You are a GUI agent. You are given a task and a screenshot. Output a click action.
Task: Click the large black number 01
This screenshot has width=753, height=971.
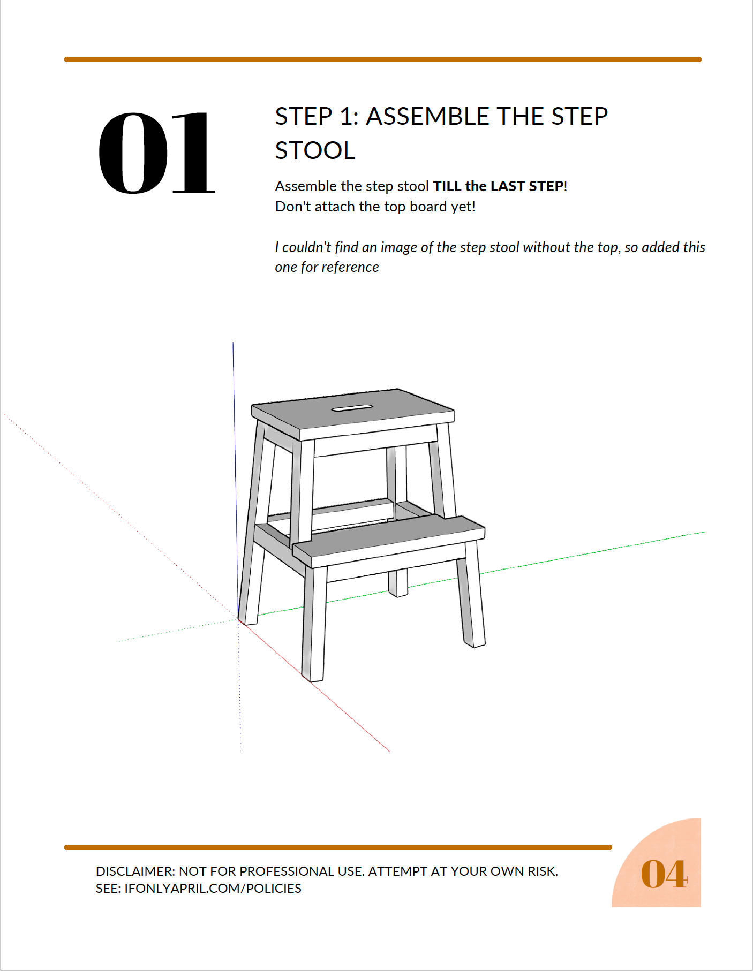156,153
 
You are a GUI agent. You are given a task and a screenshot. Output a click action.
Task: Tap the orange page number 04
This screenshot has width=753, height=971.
664,874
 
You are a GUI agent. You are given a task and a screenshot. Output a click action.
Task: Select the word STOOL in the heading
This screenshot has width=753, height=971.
315,150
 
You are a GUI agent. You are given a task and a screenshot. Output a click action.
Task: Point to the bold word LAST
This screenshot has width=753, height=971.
507,186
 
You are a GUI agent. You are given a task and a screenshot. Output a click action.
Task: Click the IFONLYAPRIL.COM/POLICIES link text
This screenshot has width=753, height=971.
213,889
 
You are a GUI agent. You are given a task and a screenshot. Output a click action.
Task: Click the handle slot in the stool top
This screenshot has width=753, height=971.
352,408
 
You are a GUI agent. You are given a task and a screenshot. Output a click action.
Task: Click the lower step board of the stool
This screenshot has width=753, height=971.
389,541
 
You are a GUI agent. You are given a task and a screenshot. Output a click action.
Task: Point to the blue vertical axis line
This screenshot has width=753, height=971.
235,479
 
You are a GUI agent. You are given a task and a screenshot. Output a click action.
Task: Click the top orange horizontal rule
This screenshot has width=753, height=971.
383,59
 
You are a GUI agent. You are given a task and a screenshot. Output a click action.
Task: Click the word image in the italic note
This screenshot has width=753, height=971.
398,247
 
